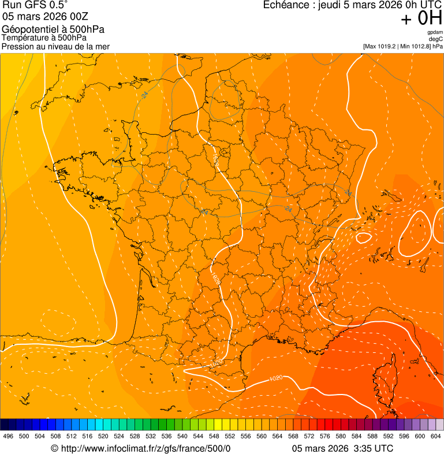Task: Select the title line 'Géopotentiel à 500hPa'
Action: pyautogui.click(x=53, y=29)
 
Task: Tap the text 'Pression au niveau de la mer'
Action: pyautogui.click(x=55, y=46)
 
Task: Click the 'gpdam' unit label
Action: pyautogui.click(x=435, y=32)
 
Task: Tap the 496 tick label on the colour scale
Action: pyautogui.click(x=8, y=437)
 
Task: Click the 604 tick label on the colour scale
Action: pyautogui.click(x=436, y=437)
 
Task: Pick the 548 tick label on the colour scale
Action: pyautogui.click(x=214, y=437)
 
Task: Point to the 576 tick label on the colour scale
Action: pyautogui.click(x=325, y=437)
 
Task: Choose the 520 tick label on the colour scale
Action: pyautogui.click(x=103, y=437)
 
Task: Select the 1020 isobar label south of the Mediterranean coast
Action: pyautogui.click(x=276, y=378)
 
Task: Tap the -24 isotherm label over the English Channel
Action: pyautogui.click(x=144, y=94)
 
